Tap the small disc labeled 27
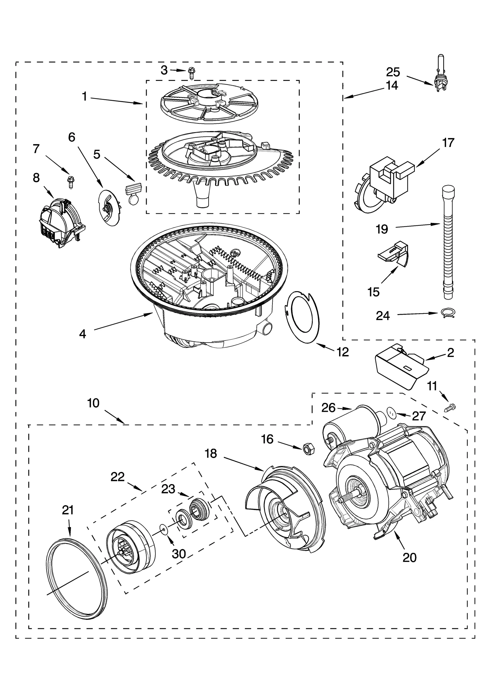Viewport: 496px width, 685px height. pos(392,413)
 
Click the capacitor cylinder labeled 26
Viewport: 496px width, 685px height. pos(353,425)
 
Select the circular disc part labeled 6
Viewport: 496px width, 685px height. pos(109,208)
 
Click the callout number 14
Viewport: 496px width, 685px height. pos(392,85)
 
